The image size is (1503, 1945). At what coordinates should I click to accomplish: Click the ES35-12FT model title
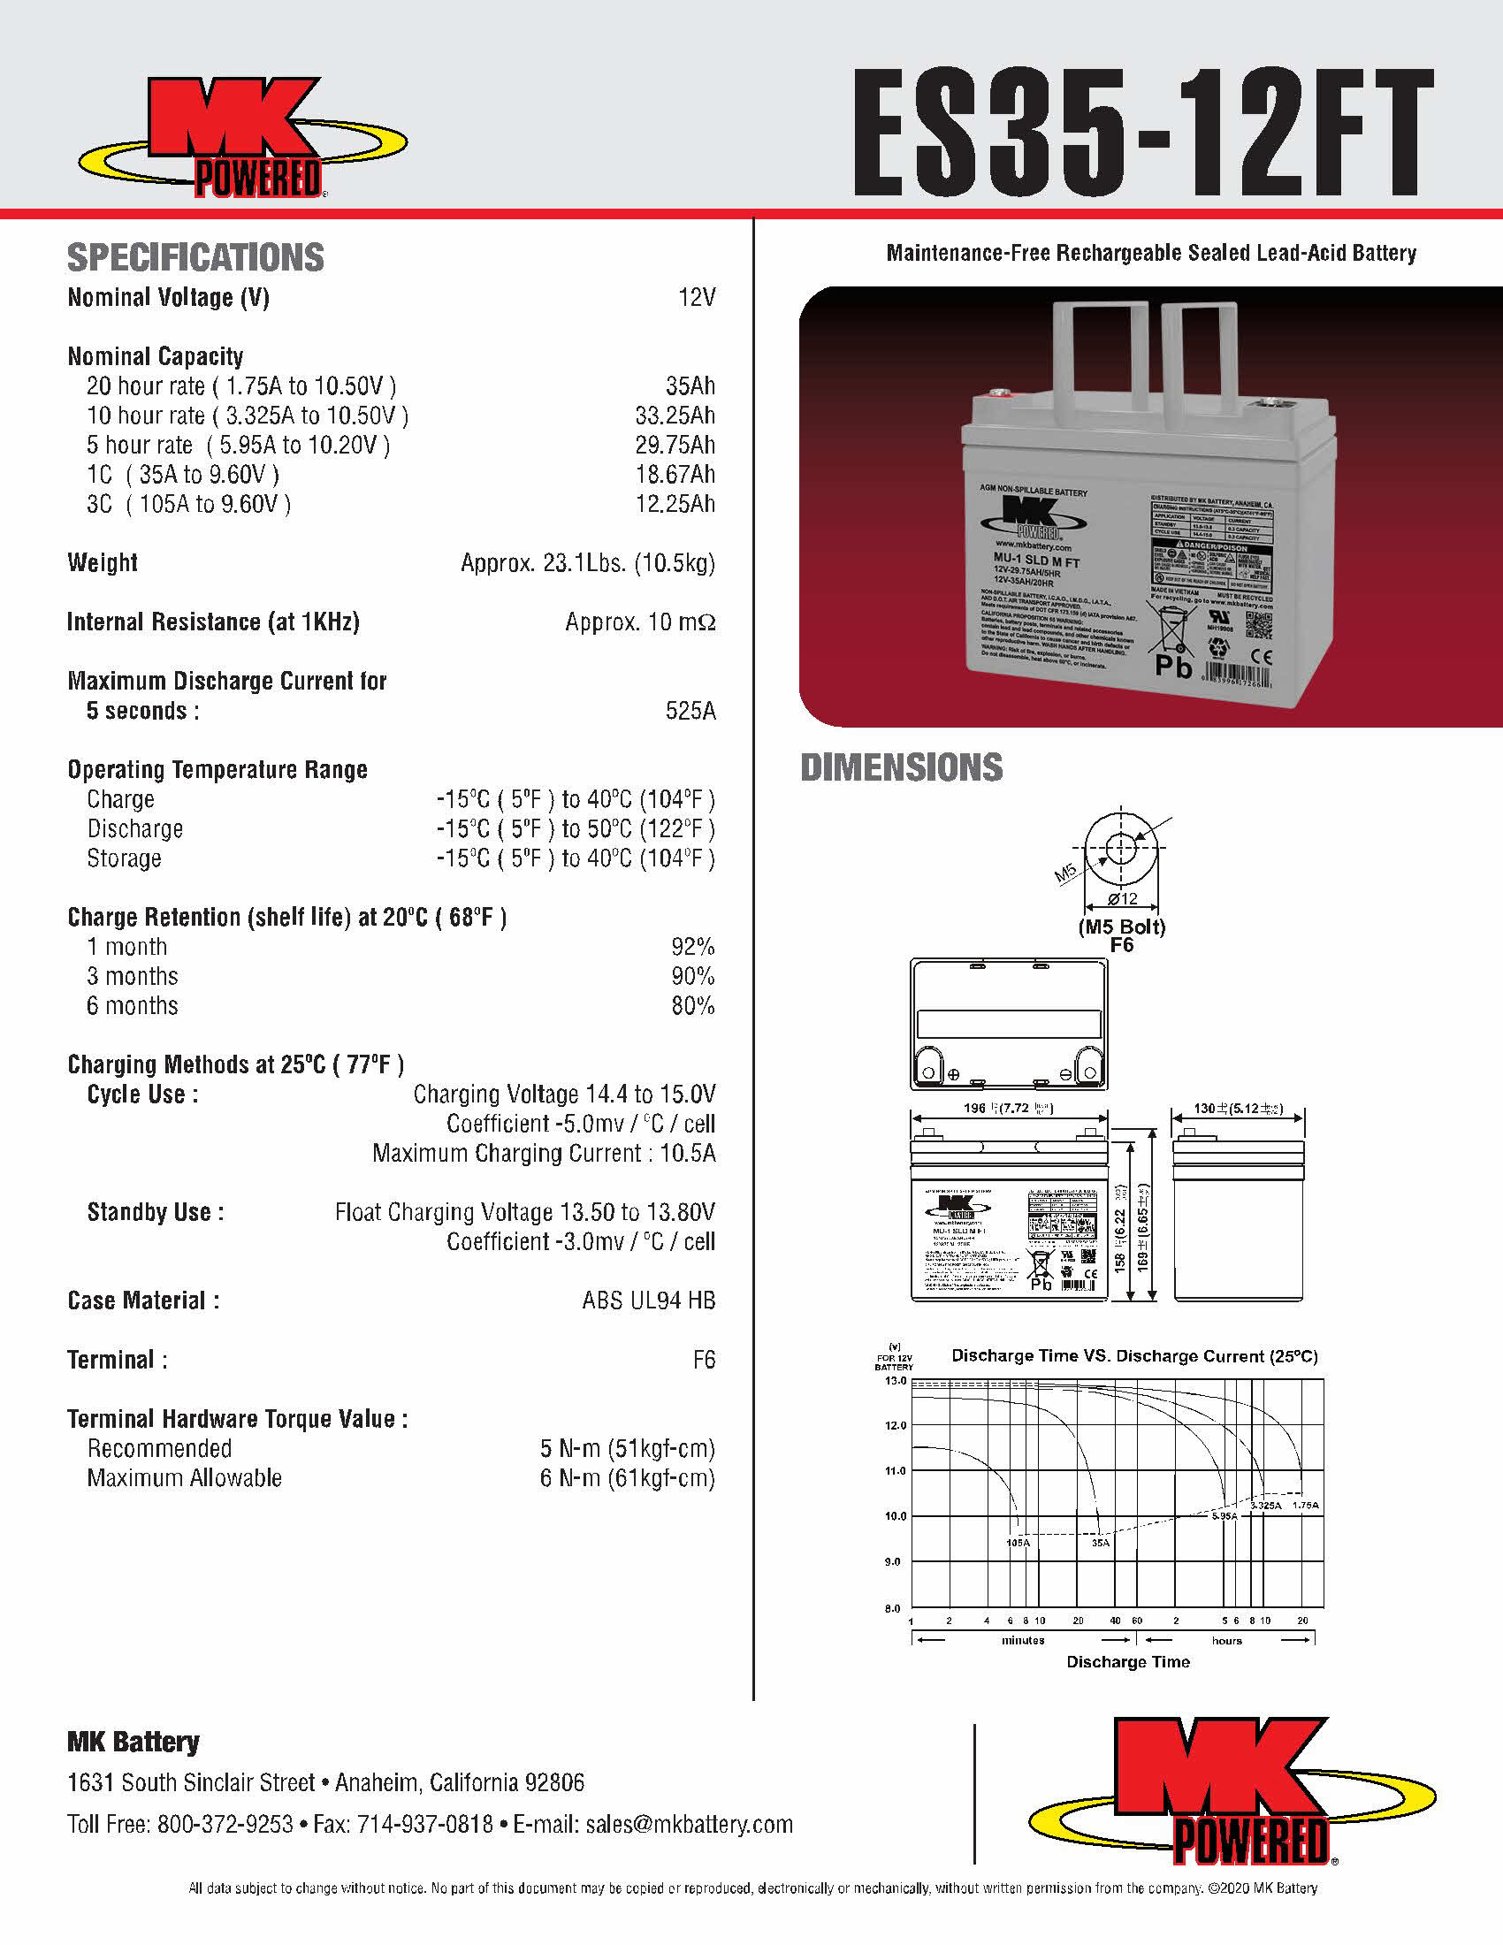[1143, 133]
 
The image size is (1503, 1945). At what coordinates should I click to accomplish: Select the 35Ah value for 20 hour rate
[690, 385]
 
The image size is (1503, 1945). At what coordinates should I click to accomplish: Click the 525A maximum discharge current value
[690, 711]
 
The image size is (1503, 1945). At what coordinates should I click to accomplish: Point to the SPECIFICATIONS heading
[196, 257]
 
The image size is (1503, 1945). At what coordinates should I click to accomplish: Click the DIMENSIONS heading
[901, 767]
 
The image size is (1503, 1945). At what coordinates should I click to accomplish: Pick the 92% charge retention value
[693, 947]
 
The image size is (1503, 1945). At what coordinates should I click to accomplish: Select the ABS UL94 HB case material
[648, 1300]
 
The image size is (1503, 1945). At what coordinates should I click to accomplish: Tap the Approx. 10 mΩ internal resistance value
[639, 622]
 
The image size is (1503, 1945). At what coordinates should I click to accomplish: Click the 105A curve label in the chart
[1018, 1542]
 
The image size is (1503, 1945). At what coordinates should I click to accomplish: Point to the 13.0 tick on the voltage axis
[895, 1381]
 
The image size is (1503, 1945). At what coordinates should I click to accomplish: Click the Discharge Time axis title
[1128, 1662]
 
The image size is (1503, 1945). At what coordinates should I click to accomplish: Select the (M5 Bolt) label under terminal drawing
[1122, 927]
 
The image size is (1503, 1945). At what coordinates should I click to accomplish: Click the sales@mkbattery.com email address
[688, 1824]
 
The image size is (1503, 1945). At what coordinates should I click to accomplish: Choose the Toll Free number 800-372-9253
[225, 1824]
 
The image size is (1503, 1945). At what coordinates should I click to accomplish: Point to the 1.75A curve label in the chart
[1305, 1505]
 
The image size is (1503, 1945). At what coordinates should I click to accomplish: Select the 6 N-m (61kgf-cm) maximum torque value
[627, 1478]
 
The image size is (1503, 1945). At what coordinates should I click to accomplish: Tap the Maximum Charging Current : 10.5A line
[543, 1153]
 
